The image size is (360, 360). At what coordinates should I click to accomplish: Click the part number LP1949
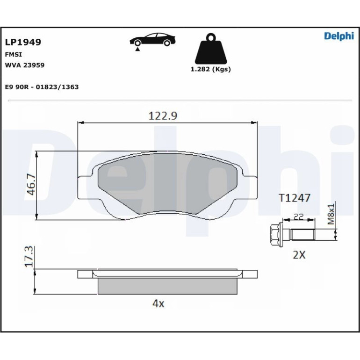[x=23, y=42]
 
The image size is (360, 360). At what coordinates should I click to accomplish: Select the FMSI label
[x=13, y=55]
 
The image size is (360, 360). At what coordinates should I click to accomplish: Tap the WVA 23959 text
[x=25, y=65]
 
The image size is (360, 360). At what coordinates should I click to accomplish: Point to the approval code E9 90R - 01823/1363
[x=42, y=87]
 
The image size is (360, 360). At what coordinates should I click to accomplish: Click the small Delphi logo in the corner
[x=339, y=36]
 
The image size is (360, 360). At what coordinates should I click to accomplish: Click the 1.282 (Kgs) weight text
[x=210, y=69]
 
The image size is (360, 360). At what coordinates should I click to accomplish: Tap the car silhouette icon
[x=152, y=39]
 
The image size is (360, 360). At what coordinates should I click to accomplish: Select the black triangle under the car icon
[x=137, y=49]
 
